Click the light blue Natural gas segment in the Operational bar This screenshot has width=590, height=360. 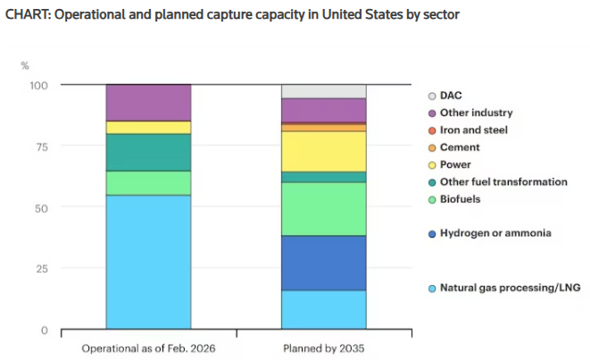click(148, 262)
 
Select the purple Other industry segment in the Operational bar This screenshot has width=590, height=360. click(148, 102)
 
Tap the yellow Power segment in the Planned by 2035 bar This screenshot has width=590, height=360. click(323, 151)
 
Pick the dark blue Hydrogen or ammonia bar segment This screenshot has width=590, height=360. click(323, 263)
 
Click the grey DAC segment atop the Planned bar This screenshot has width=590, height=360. click(323, 91)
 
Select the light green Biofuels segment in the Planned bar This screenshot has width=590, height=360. click(323, 209)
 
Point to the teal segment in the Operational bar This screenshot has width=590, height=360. click(148, 152)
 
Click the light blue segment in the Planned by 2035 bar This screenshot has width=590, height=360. click(323, 310)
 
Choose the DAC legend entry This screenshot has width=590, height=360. click(452, 96)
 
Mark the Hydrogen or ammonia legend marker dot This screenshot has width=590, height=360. click(432, 233)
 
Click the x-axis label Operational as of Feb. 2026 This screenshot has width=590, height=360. click(148, 347)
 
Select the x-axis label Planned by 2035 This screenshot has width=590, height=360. click(323, 347)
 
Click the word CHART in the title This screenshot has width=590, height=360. click(27, 16)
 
